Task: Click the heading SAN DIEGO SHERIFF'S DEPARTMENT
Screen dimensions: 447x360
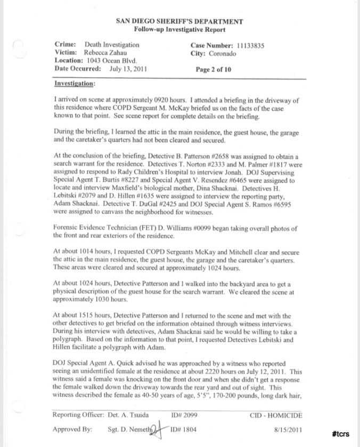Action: click(x=179, y=22)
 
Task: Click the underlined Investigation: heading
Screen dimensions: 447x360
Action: click(x=75, y=84)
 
